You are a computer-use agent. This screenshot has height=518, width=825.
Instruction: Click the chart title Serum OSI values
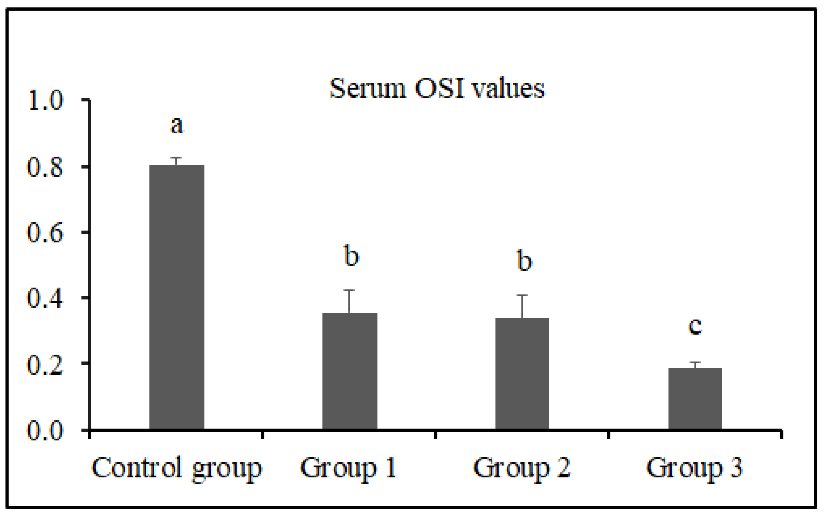(437, 89)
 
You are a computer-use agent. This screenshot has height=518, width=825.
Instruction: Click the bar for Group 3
(695, 398)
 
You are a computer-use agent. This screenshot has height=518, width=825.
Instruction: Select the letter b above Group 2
(524, 260)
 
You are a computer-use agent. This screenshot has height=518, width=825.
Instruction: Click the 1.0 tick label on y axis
(45, 101)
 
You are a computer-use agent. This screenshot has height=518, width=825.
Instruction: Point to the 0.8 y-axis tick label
(45, 167)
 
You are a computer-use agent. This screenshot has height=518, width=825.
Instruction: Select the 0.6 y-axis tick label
(45, 233)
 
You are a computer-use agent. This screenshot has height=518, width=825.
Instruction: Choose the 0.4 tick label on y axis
(45, 298)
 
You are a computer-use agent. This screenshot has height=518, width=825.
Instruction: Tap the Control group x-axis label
(177, 468)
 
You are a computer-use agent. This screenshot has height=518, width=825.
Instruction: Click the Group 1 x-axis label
(349, 468)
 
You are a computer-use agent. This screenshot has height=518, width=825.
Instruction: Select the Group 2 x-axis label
(522, 468)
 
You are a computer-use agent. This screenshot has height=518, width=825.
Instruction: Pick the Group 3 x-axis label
(695, 468)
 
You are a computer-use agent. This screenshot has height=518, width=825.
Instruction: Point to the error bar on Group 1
(349, 301)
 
